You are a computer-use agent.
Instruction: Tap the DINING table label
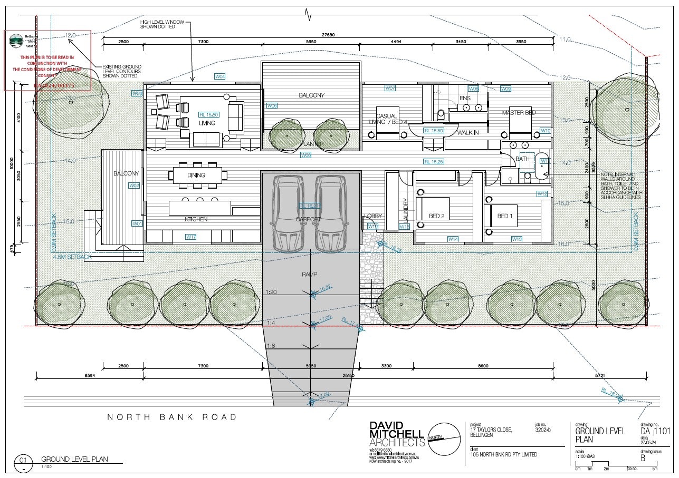[x=196, y=175]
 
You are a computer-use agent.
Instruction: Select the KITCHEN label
[x=196, y=219]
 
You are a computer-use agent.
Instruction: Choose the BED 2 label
[x=436, y=216]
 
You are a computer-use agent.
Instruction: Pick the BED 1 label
[x=504, y=216]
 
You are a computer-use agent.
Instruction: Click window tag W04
[x=220, y=77]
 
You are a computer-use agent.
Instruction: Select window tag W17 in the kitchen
[x=191, y=237]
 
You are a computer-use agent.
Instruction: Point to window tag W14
[x=453, y=239]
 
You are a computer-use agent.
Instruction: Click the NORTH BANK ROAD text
[x=172, y=417]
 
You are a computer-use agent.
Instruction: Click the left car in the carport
[x=288, y=212]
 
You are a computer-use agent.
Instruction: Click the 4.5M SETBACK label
[x=72, y=257]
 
